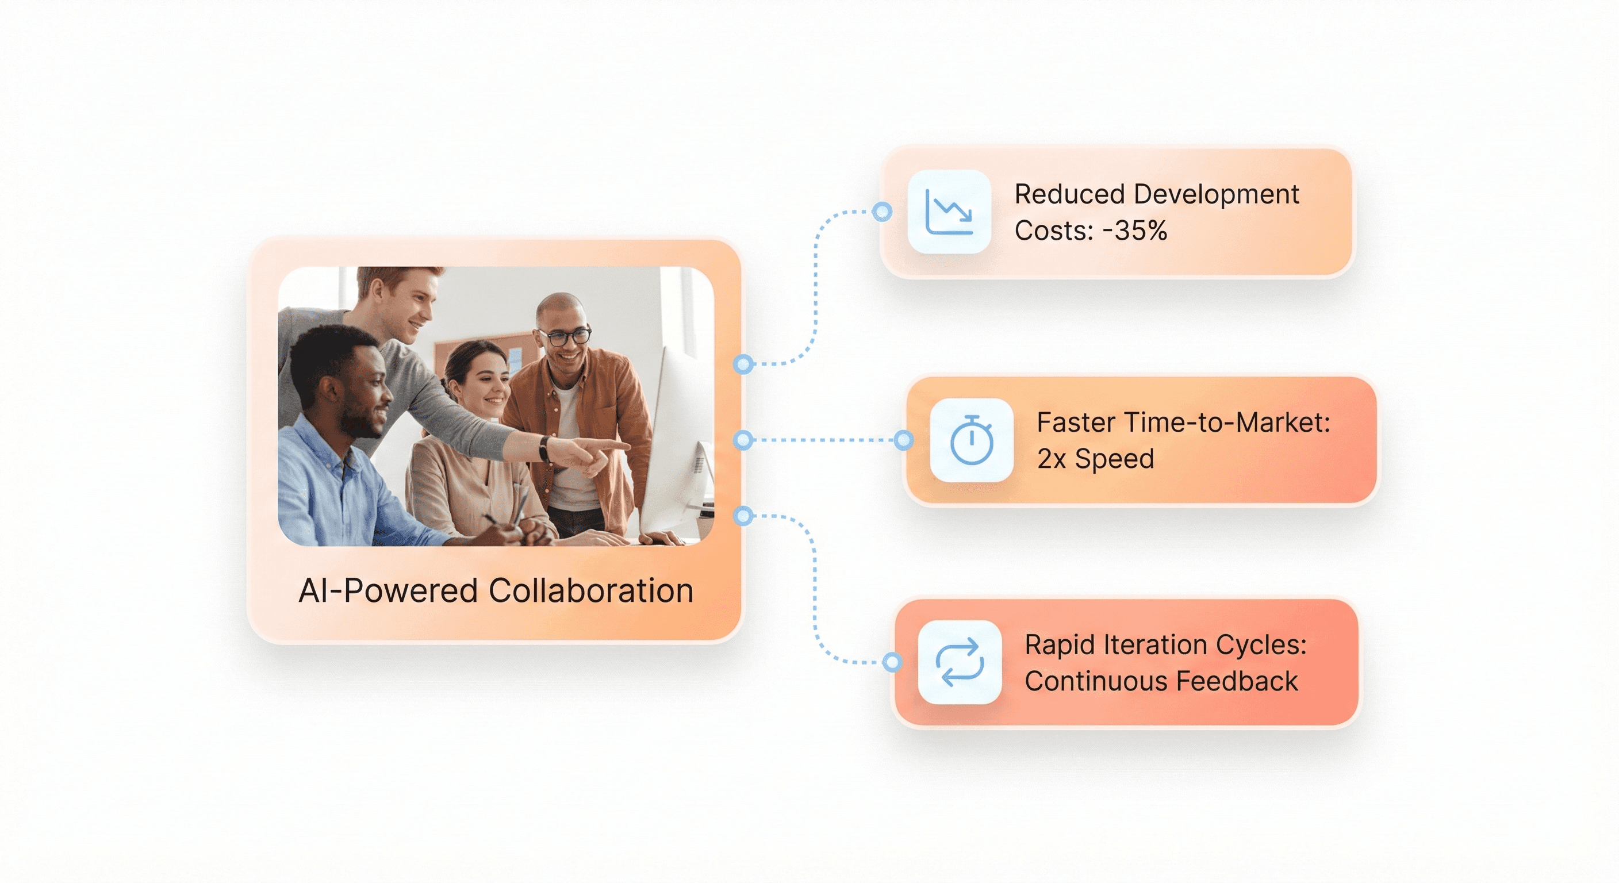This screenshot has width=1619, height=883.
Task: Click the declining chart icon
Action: point(949,212)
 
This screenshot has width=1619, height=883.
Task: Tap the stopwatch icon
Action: point(972,440)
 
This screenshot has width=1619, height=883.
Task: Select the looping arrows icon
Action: point(960,662)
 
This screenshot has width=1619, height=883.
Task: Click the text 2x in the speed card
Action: point(1051,459)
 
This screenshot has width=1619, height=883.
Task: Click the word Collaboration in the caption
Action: point(591,591)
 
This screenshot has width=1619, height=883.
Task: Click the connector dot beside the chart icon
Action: point(882,212)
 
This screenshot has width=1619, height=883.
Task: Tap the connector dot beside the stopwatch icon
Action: point(903,440)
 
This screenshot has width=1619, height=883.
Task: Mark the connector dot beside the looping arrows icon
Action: point(891,662)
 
